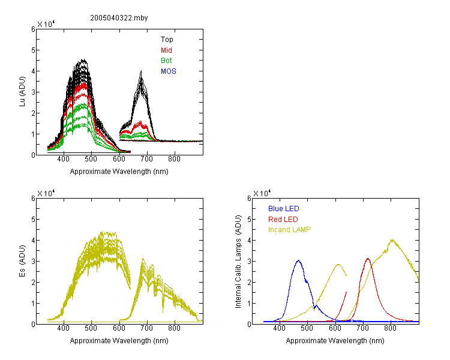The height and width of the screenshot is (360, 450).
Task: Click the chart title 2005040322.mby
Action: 119,18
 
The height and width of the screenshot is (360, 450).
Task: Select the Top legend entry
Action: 167,40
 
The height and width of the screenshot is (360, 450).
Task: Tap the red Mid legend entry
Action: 166,50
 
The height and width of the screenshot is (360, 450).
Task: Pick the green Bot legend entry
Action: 166,61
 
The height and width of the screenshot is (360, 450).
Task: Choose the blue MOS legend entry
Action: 169,71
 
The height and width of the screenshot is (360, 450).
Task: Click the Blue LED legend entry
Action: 284,209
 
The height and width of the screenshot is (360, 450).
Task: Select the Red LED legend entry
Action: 283,220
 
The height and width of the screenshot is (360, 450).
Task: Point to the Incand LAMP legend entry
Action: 289,230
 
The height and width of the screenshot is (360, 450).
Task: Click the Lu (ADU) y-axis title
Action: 22,92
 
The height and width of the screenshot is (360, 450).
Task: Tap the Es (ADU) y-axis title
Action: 22,261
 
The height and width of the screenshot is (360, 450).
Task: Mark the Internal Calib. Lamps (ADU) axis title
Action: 238,262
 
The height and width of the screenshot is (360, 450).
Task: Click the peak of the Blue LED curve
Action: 298,260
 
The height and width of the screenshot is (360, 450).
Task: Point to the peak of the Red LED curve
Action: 368,259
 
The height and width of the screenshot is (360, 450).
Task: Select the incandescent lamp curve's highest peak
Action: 392,240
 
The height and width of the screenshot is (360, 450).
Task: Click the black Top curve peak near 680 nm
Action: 141,71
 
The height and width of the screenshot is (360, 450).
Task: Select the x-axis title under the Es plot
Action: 119,341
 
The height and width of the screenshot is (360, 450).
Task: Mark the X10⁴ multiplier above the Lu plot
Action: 46,24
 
